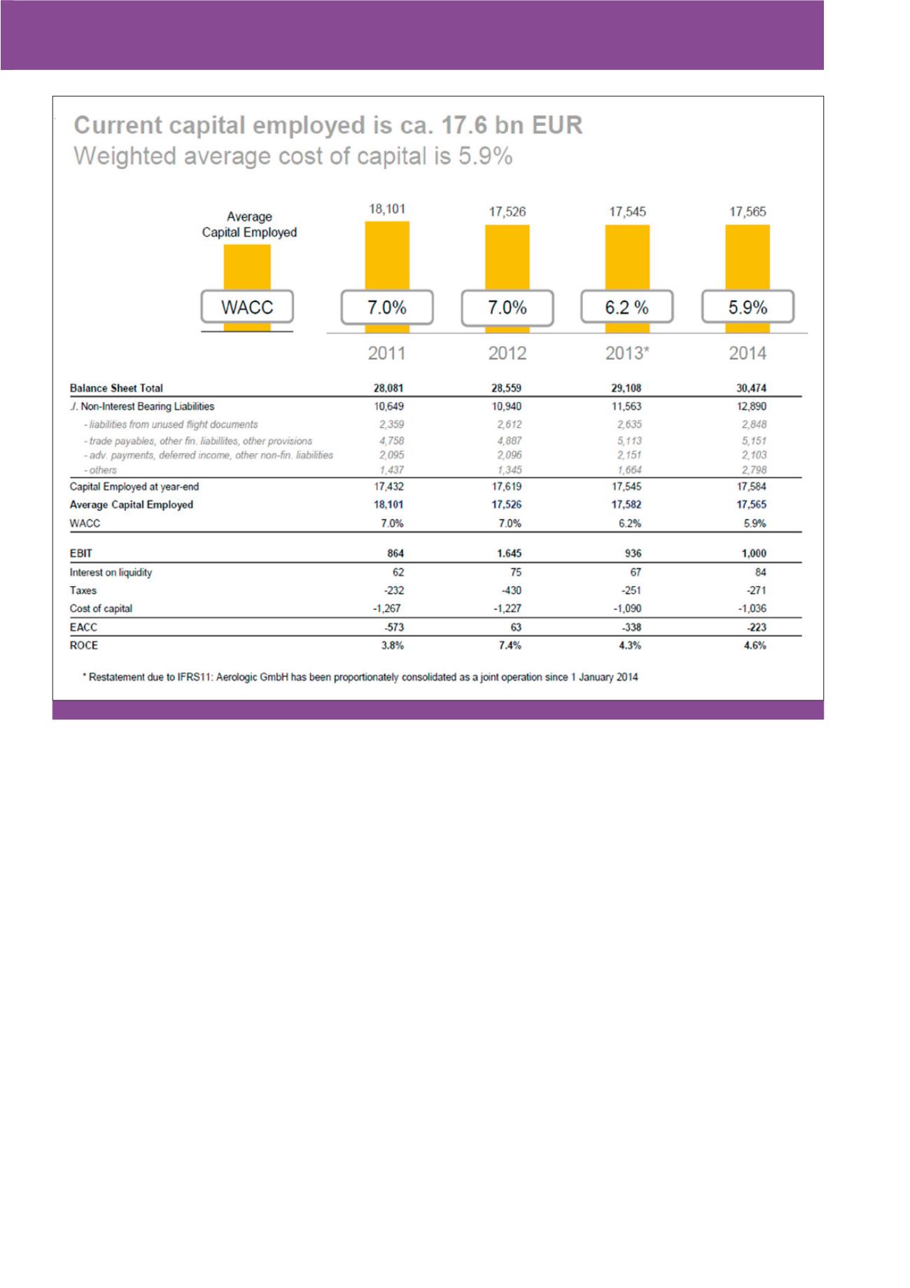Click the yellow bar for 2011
387,256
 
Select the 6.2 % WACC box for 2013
626,307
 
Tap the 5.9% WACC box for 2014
748,307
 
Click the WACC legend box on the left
247,307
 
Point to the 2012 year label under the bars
507,353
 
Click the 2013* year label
627,353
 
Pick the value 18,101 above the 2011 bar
387,209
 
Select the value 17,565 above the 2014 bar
748,212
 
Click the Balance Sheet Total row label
116,388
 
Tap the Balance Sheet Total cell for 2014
751,388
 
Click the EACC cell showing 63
515,628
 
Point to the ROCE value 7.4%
510,646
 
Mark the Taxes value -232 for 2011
394,591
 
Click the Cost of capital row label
101,609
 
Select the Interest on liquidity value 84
760,572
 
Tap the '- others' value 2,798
754,470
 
